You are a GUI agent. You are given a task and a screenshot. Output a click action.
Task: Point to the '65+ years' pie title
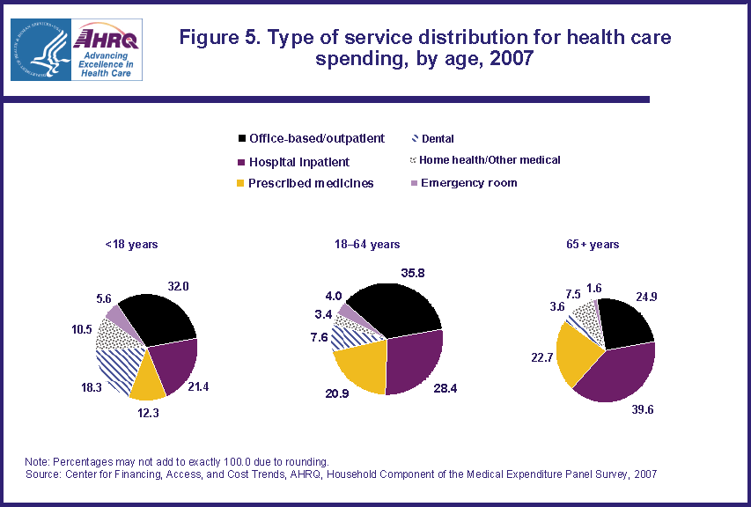[x=599, y=244]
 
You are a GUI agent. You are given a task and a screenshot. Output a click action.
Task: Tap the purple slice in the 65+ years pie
[x=620, y=370]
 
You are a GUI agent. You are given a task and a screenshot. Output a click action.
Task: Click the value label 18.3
[x=82, y=386]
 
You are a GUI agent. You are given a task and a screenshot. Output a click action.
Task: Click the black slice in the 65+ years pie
[x=627, y=321]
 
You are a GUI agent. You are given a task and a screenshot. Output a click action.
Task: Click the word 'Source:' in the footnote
[x=46, y=474]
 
